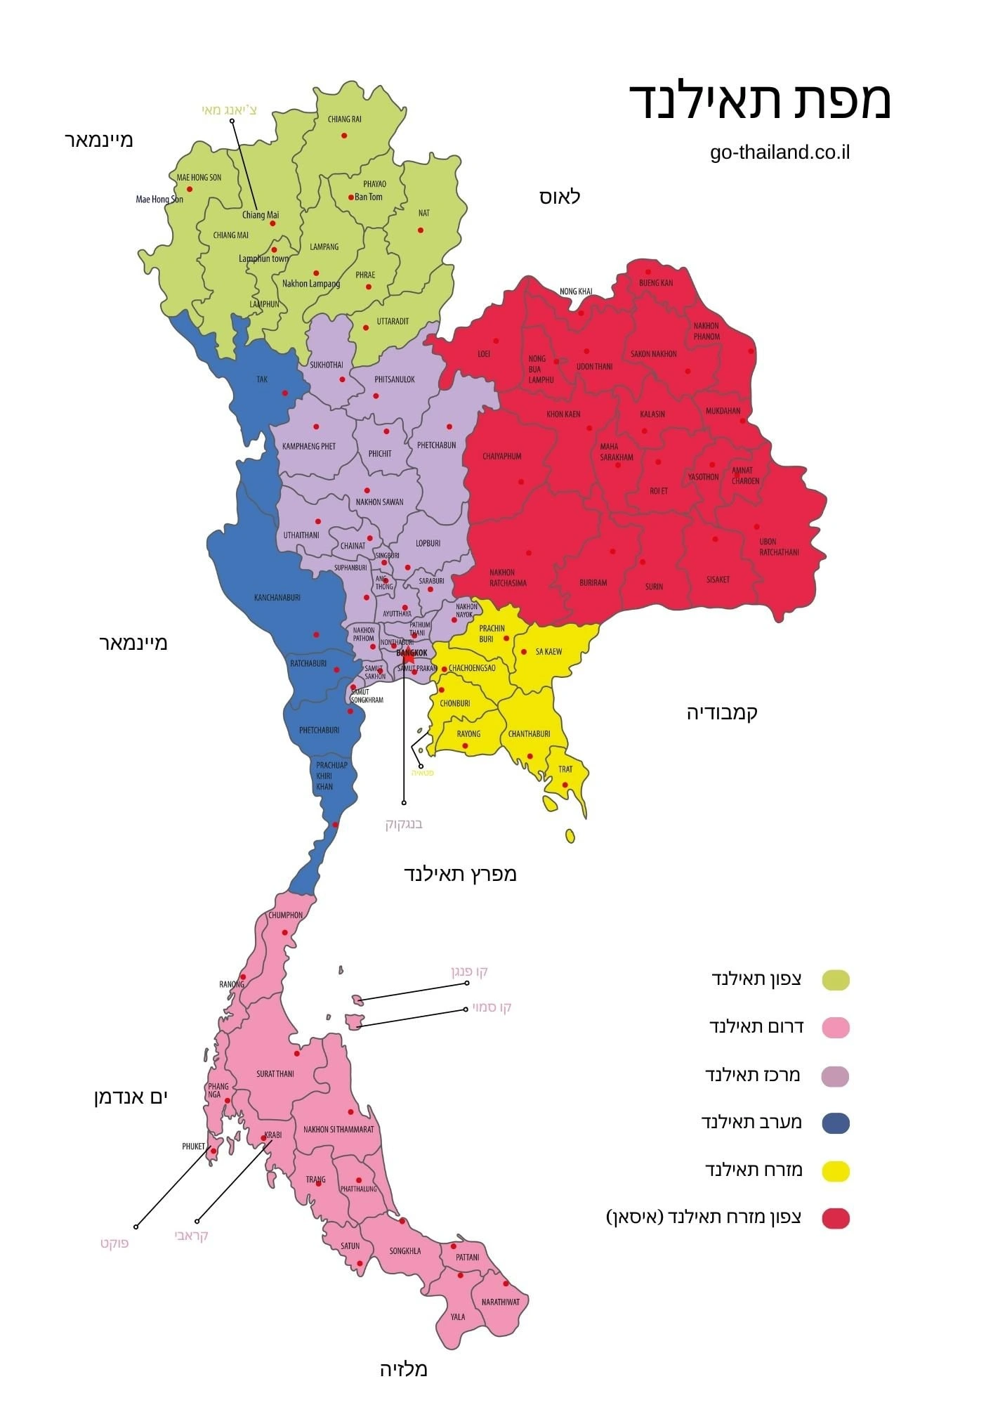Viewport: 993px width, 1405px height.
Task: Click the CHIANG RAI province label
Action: [344, 119]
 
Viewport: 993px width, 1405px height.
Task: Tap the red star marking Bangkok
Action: [407, 659]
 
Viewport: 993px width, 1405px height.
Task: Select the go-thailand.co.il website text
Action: [780, 152]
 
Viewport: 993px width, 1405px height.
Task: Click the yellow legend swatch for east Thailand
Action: [835, 1171]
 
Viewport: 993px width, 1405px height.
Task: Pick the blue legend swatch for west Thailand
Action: [835, 1123]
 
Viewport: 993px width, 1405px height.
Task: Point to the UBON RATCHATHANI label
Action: [779, 547]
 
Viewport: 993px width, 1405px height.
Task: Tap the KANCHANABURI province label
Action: [277, 598]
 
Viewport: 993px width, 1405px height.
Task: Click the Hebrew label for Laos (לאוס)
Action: [560, 197]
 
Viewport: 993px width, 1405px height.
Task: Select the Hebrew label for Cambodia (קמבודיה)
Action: [722, 712]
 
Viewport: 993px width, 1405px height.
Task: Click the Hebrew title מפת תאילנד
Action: [760, 100]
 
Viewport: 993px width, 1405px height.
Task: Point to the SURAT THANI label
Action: [275, 1074]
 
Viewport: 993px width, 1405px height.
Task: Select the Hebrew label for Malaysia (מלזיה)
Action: [404, 1369]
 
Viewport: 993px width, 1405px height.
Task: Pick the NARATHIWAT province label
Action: [501, 1302]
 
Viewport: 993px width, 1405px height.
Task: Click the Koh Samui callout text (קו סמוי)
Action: [492, 1007]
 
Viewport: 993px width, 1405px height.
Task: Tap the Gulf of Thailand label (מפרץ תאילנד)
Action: [460, 874]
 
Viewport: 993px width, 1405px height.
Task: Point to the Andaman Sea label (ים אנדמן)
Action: [131, 1097]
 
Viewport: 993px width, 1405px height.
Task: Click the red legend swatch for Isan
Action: [835, 1219]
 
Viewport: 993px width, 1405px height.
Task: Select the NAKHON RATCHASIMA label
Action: [508, 577]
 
